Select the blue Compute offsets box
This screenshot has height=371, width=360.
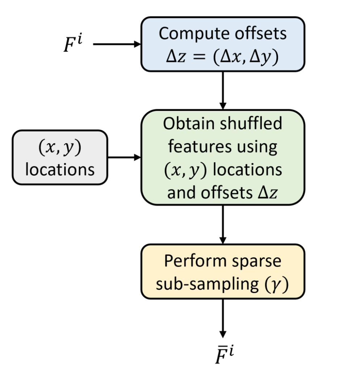(x=222, y=44)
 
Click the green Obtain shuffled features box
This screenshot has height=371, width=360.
(x=222, y=158)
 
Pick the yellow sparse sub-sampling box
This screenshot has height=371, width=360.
(x=222, y=272)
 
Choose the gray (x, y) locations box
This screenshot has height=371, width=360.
(x=60, y=158)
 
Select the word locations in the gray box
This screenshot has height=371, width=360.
(x=60, y=170)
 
